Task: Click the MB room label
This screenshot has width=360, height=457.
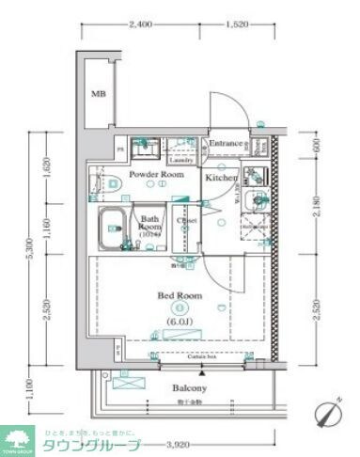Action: click(99, 94)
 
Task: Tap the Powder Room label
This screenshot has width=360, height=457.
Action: click(155, 175)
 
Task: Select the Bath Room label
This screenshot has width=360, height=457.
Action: click(149, 222)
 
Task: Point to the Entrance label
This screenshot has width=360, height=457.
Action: click(226, 144)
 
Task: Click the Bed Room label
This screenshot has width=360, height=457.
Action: click(179, 295)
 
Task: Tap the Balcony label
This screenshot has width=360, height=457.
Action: click(189, 387)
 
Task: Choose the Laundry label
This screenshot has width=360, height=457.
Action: click(180, 160)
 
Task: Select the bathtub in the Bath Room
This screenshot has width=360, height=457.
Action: click(115, 229)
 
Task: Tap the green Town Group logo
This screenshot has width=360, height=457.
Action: click(18, 438)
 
